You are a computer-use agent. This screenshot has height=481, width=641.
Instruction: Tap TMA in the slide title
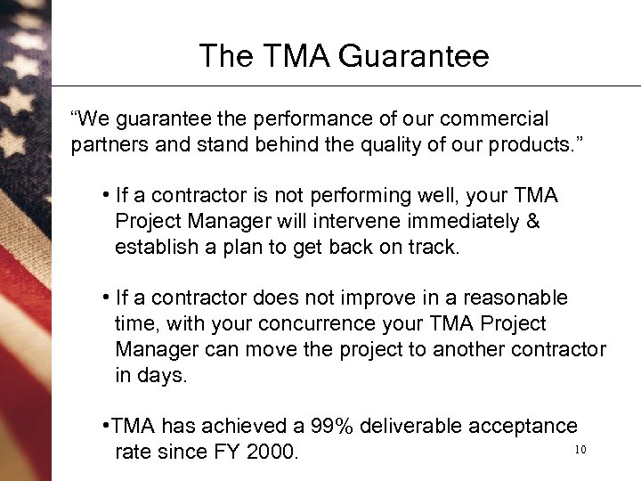pos(298,56)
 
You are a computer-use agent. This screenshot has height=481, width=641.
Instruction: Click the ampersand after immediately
pos(532,222)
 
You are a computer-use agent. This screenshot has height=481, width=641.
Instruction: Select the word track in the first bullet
pos(436,247)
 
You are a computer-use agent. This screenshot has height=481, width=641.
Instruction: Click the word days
pos(165,375)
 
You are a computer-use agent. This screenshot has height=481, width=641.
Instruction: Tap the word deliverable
pos(413,427)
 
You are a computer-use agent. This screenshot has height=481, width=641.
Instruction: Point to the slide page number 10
pos(580,450)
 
